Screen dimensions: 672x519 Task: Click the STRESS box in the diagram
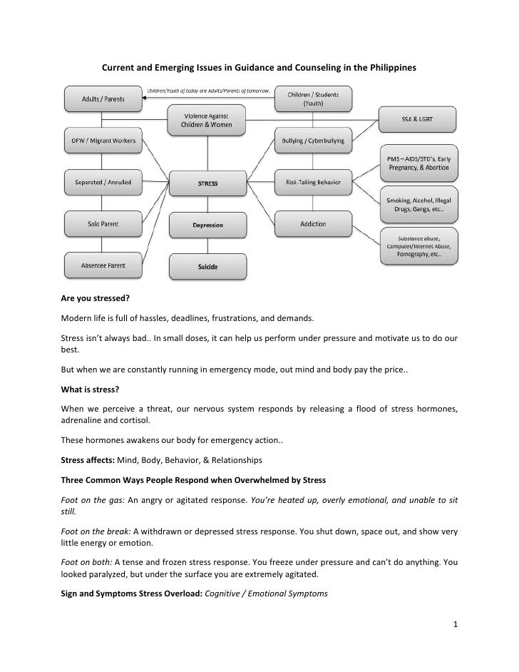[x=207, y=183]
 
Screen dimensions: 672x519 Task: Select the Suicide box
[x=207, y=267]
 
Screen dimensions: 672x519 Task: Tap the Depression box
[x=207, y=225]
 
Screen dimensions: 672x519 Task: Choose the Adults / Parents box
[x=101, y=99]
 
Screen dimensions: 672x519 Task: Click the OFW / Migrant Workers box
[x=101, y=140]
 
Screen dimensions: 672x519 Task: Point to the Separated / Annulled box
[x=101, y=182]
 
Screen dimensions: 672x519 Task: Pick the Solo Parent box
[x=101, y=224]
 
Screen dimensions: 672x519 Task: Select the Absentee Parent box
[x=101, y=265]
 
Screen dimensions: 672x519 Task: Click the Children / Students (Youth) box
[x=313, y=99]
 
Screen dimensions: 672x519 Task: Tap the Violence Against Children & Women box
[x=207, y=121]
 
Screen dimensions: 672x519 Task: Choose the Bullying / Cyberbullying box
[x=313, y=141]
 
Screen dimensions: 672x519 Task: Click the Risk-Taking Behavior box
[x=313, y=182]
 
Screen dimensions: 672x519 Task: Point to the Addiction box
[x=313, y=224]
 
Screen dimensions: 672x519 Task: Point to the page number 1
[x=456, y=626]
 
